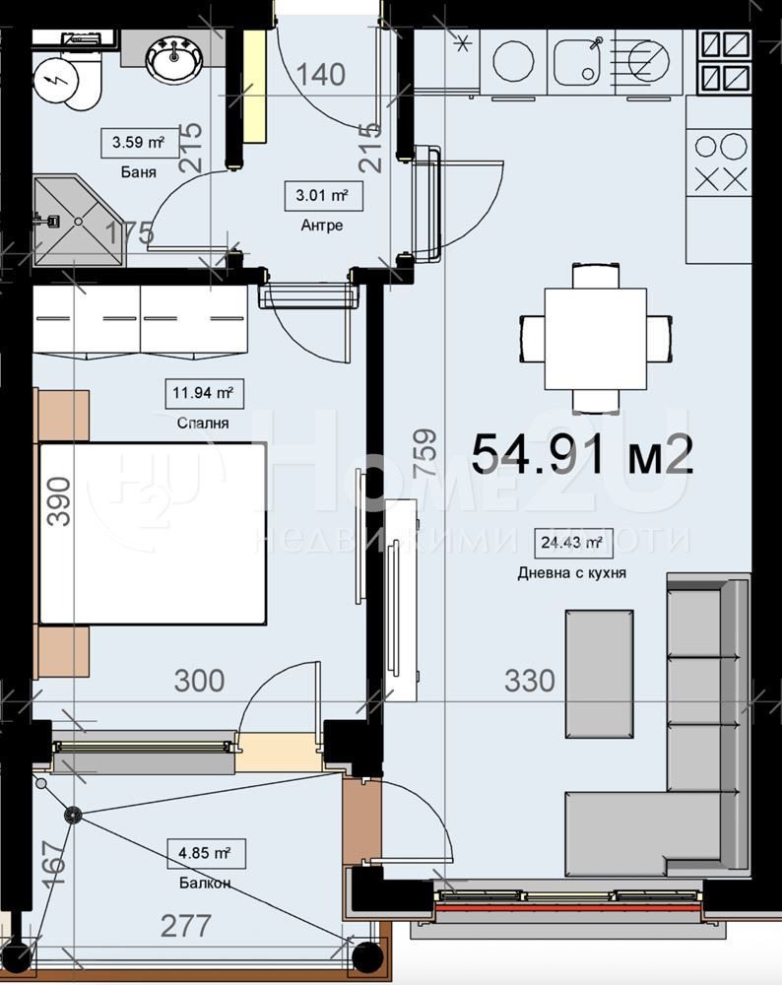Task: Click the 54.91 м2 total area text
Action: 582,455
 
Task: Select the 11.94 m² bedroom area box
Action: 202,393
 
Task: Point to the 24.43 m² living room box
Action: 569,542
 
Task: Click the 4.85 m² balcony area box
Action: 205,852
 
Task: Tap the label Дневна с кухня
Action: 571,573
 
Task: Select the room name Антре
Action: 322,226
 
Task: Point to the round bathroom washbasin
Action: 175,59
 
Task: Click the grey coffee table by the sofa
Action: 599,673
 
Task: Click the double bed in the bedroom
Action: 153,533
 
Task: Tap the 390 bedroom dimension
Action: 59,500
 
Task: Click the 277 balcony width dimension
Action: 185,926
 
